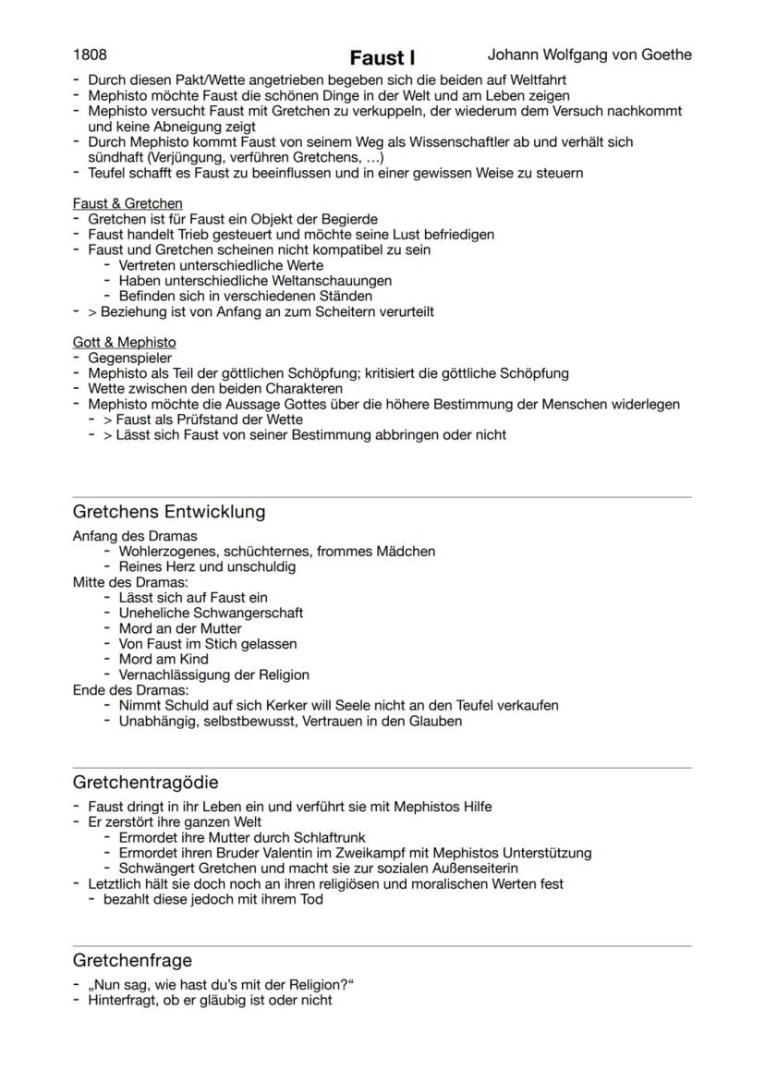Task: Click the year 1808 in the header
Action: pyautogui.click(x=91, y=55)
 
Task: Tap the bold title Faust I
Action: pyautogui.click(x=382, y=58)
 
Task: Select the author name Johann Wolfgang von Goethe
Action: pyautogui.click(x=589, y=55)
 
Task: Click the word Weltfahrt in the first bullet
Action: pyautogui.click(x=537, y=80)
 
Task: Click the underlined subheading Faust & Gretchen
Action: pyautogui.click(x=127, y=203)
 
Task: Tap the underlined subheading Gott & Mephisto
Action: pyautogui.click(x=124, y=343)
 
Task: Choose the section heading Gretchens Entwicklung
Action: pyautogui.click(x=168, y=512)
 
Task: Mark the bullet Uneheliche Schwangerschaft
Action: pyautogui.click(x=211, y=613)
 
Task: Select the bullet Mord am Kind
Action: pyautogui.click(x=164, y=659)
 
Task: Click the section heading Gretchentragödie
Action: pyautogui.click(x=145, y=783)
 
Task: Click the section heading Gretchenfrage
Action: pyautogui.click(x=132, y=961)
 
